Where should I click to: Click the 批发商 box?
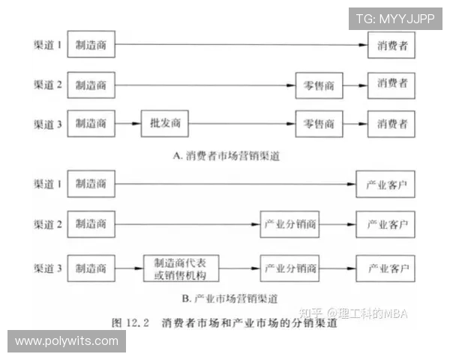[x=165, y=124]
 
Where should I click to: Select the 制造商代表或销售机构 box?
[x=181, y=268]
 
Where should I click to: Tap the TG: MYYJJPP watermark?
[x=395, y=19]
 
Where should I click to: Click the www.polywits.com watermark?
[x=67, y=341]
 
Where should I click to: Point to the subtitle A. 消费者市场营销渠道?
[x=226, y=156]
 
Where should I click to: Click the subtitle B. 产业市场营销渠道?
[x=230, y=298]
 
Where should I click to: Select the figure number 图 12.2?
[x=130, y=322]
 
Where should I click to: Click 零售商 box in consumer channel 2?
[x=319, y=85]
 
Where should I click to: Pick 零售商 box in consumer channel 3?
[x=319, y=124]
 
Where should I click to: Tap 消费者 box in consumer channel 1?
[x=391, y=45]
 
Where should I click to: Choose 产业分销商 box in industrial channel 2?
[x=289, y=224]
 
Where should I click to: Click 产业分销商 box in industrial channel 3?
[x=289, y=268]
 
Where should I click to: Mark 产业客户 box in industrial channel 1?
[x=385, y=184]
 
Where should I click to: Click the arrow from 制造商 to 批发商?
[x=128, y=124]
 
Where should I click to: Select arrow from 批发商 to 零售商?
[x=242, y=124]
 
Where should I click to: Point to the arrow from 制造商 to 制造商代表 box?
[x=129, y=268]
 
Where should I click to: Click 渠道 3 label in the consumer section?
[x=48, y=124]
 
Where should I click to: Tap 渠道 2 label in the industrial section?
[x=48, y=224]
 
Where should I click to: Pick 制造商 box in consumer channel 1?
[x=91, y=44]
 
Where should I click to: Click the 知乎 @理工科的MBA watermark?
[x=353, y=313]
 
